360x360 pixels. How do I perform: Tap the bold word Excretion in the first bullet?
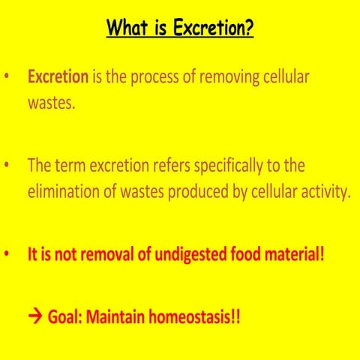[x=58, y=77]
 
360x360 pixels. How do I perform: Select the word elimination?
[x=66, y=192]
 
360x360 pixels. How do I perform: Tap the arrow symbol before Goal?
[x=35, y=316]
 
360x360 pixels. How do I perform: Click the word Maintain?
[x=117, y=316]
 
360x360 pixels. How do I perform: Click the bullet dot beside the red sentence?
[x=7, y=255]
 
